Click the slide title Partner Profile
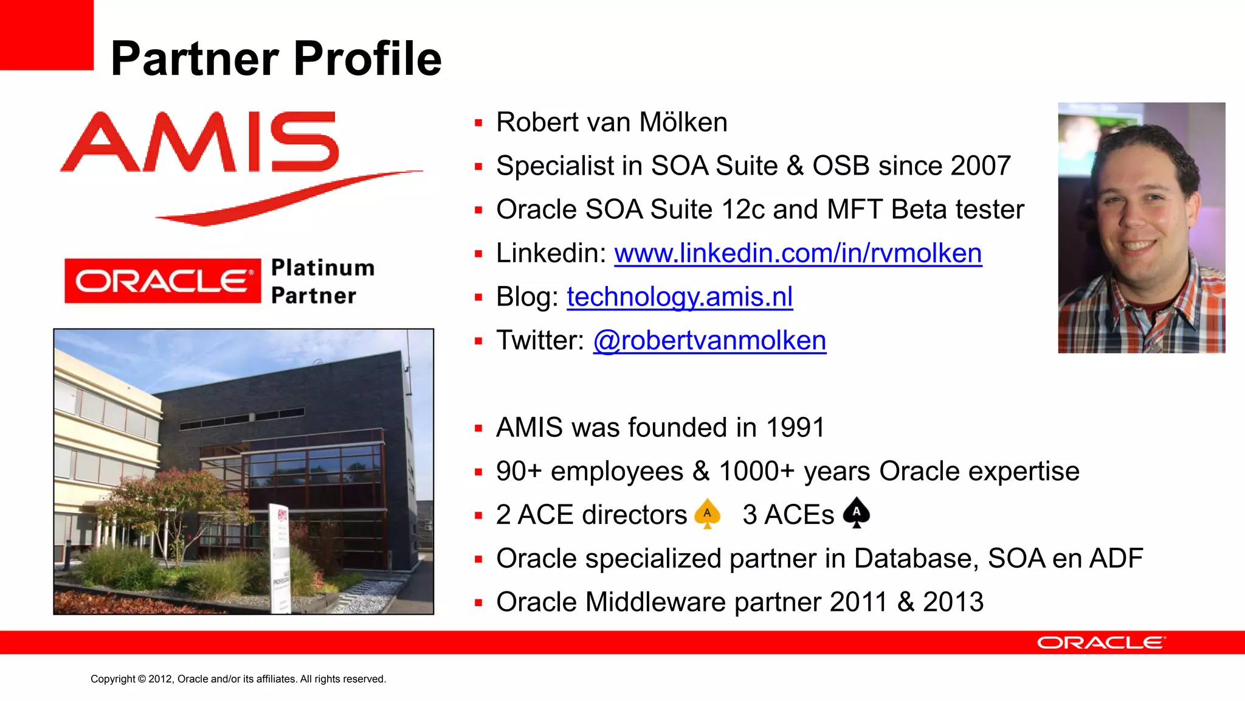276,58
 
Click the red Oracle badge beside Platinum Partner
163,281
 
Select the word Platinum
322,268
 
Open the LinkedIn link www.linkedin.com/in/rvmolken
798,253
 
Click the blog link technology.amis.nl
679,297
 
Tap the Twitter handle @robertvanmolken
709,341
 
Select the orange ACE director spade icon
707,514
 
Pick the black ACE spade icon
856,512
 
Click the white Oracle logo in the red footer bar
1100,643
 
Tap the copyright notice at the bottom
238,679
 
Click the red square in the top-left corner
46,34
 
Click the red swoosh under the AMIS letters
286,198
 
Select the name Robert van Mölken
612,122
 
